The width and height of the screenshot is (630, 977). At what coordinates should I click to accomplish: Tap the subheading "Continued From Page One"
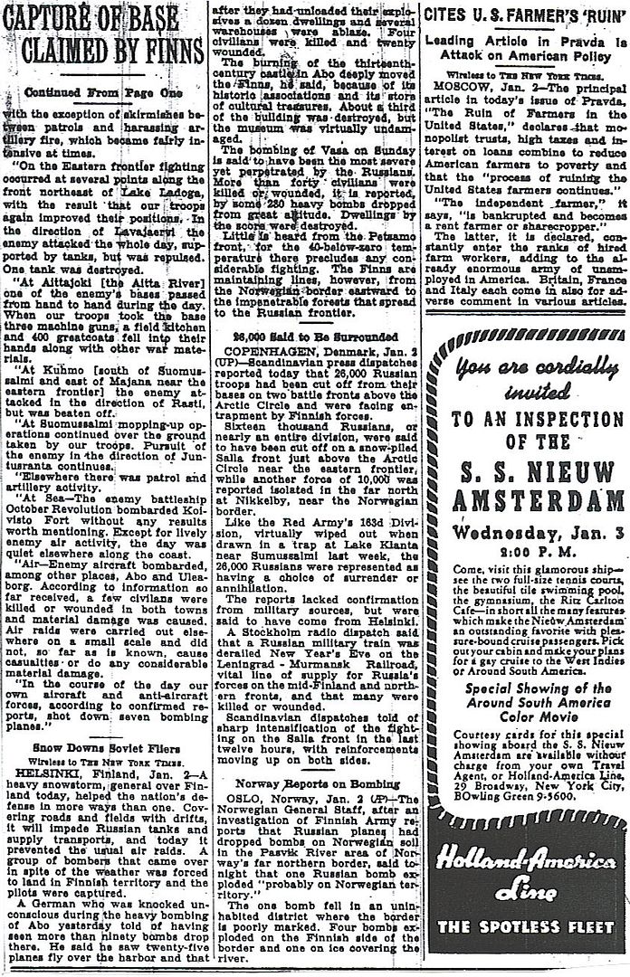click(114, 91)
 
